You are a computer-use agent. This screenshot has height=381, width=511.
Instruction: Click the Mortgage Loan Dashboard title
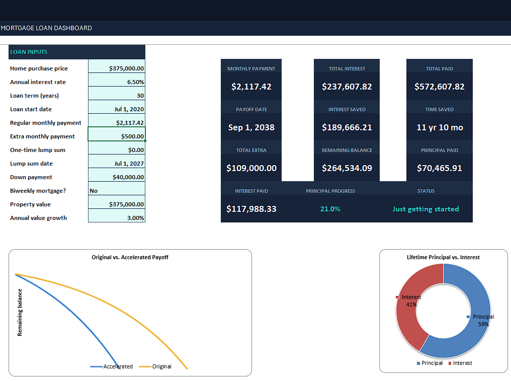pos(46,28)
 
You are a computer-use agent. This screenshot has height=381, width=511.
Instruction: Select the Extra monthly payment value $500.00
pos(132,136)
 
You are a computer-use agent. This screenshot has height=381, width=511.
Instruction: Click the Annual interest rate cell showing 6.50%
pos(136,82)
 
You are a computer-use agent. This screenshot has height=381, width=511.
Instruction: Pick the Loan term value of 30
pos(140,96)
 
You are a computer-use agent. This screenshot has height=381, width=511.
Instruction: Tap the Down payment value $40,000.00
pos(128,177)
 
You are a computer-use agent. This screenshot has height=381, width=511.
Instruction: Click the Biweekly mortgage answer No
pos(94,191)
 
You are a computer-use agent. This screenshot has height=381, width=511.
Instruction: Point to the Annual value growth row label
pos(38,218)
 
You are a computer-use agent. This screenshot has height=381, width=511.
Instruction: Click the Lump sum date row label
pos(31,164)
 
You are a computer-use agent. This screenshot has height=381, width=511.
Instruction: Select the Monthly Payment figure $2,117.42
pos(251,87)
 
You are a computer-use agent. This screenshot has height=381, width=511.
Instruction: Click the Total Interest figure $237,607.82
pos(347,87)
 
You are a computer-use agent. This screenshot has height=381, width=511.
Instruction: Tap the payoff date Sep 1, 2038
pos(251,127)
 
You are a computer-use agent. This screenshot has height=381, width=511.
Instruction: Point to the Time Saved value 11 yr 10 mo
pos(440,127)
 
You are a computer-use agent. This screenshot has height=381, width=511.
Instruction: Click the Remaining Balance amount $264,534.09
pos(347,168)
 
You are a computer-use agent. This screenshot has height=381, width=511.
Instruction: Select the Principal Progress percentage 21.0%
pos(330,209)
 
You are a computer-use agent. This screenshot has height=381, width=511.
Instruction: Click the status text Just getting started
pos(425,209)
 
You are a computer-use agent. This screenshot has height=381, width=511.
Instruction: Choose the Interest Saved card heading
pos(347,110)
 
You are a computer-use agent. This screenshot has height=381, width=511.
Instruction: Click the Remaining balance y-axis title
pos(20,313)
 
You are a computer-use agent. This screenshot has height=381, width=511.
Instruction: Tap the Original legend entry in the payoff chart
pos(155,366)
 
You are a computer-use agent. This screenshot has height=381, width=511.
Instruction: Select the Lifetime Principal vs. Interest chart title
pos(443,257)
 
